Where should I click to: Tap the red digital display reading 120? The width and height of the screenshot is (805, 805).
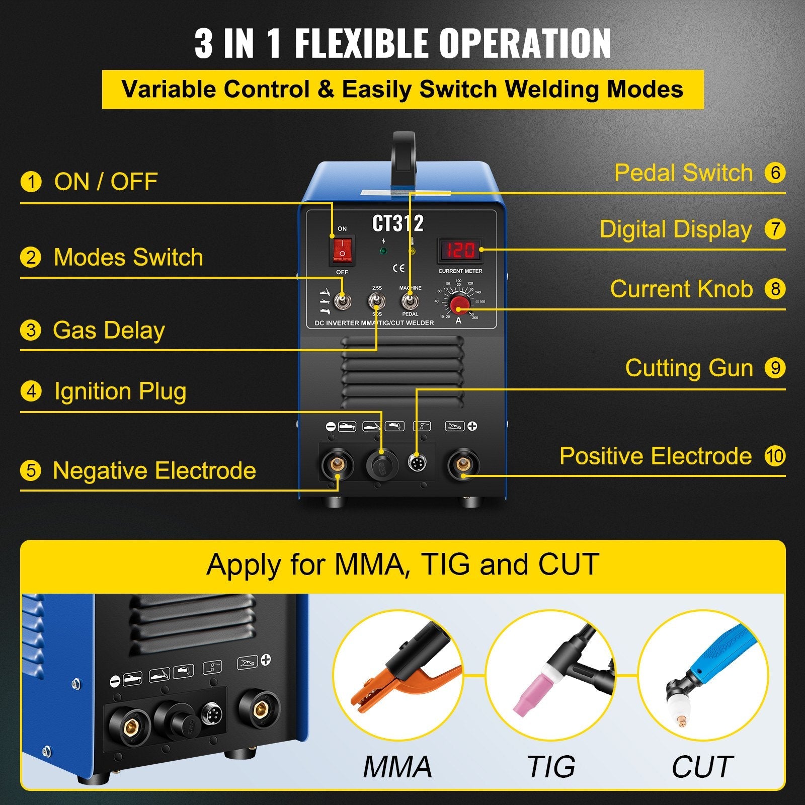click(x=460, y=250)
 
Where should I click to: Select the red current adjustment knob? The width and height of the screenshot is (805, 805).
click(x=459, y=304)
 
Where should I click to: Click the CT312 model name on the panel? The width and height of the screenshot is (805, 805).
click(x=397, y=223)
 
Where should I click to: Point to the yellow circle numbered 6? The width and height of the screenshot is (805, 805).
click(x=775, y=173)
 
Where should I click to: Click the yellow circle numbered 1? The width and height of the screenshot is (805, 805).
click(x=31, y=182)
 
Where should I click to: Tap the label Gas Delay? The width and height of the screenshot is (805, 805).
click(x=109, y=331)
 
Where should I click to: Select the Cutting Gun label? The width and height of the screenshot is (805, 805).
click(x=689, y=368)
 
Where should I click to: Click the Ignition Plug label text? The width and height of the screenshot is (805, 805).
click(x=120, y=391)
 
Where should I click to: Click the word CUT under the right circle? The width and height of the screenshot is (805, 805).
click(x=702, y=767)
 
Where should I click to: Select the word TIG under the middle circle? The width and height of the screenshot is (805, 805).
click(x=551, y=767)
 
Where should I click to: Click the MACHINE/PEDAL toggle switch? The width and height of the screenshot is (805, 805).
click(x=410, y=301)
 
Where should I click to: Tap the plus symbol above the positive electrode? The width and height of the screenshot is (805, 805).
click(x=472, y=426)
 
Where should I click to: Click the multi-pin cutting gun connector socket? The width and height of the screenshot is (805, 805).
click(x=416, y=463)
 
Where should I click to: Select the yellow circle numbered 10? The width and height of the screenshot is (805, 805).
click(x=775, y=456)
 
